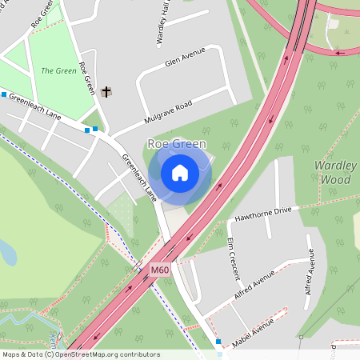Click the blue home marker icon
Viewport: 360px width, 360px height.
(x=180, y=173)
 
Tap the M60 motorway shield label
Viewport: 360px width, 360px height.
(x=160, y=270)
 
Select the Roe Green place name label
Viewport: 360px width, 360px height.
(x=177, y=144)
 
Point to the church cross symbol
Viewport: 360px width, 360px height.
(x=106, y=91)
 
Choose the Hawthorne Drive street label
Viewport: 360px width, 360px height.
(x=263, y=213)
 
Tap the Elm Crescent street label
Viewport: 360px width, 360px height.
(x=234, y=258)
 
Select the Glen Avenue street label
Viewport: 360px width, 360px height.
(x=185, y=58)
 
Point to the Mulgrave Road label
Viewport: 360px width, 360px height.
(x=168, y=111)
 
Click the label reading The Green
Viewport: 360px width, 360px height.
(x=58, y=70)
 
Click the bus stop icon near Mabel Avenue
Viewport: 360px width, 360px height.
(x=218, y=342)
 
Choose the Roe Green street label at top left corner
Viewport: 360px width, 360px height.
(x=45, y=15)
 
